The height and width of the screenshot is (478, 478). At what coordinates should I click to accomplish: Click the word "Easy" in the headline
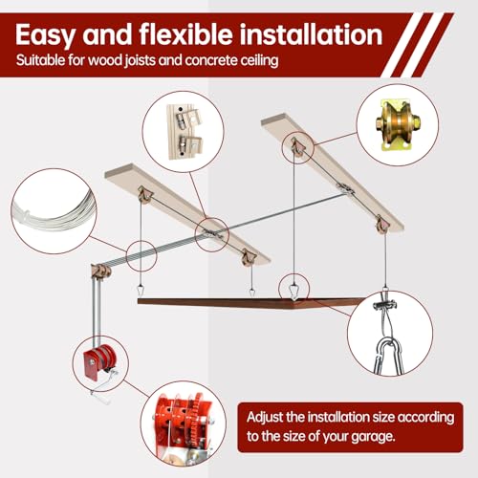(45, 35)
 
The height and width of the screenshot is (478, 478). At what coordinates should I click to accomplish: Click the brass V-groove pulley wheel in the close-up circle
(398, 123)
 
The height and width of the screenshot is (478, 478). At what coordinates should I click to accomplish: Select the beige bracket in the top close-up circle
(185, 132)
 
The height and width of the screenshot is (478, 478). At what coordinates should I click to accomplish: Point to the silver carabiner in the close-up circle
(388, 357)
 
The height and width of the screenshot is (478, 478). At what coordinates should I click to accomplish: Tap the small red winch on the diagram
(99, 361)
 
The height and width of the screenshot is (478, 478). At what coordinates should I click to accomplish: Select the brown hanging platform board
(251, 303)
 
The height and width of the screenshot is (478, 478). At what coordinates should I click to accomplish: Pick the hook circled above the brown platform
(293, 291)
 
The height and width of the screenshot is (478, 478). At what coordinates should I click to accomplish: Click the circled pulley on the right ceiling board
(297, 147)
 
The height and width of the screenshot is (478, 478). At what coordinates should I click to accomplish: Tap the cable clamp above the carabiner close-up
(385, 306)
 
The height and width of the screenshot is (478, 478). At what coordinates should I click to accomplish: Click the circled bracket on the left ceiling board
(211, 234)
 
